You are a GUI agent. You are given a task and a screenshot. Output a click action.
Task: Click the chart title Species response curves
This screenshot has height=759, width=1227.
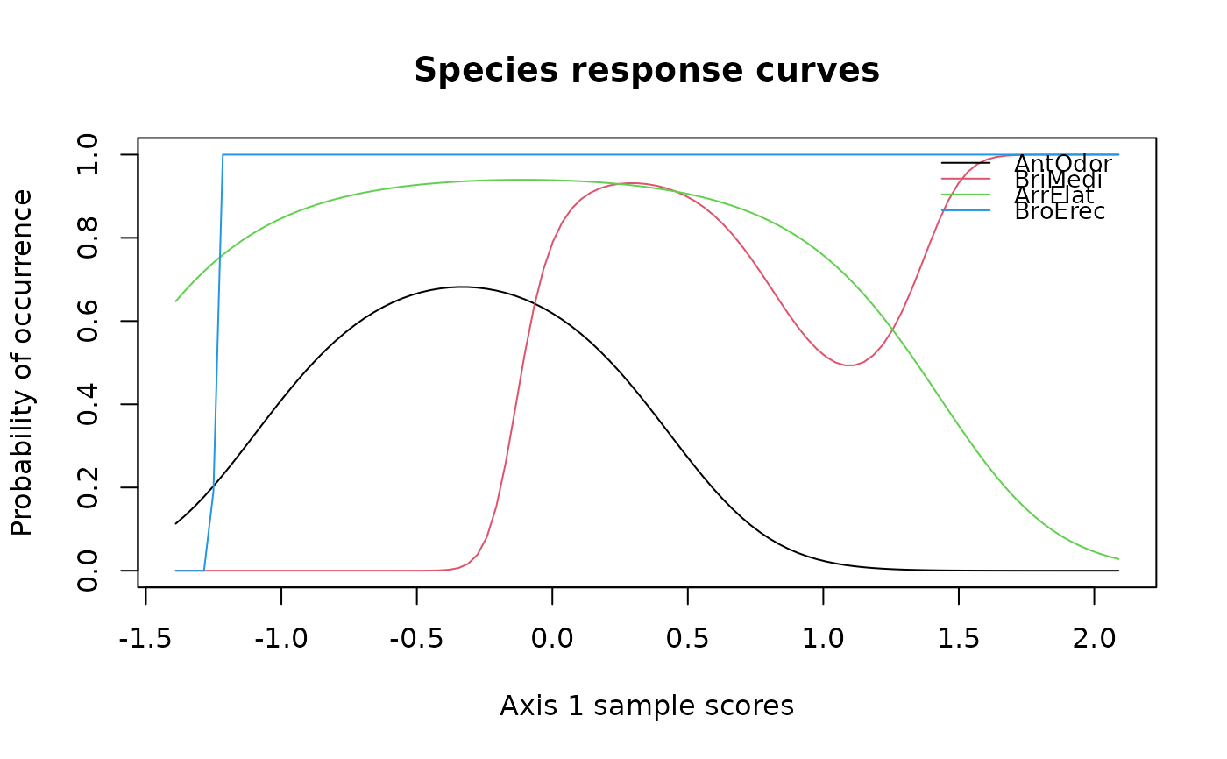647,70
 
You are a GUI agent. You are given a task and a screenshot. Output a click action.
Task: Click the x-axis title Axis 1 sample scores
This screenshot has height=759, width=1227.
647,705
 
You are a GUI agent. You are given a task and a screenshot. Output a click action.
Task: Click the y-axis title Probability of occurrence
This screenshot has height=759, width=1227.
22,362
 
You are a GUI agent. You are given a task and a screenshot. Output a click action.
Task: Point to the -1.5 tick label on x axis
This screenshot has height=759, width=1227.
145,636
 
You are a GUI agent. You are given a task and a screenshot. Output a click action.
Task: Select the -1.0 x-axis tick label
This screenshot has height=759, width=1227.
280,636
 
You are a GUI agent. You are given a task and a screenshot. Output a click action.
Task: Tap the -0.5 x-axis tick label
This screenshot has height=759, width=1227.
416,636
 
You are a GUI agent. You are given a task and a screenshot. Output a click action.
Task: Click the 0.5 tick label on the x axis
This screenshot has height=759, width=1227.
688,636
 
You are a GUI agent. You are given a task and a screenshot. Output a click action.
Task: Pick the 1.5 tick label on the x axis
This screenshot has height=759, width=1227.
959,636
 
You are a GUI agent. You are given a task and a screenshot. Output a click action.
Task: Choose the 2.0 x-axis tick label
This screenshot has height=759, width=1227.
1094,636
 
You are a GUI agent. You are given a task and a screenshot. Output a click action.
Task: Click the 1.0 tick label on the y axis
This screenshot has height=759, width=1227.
88,155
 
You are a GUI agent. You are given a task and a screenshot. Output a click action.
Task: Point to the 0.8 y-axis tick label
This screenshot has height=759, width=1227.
88,238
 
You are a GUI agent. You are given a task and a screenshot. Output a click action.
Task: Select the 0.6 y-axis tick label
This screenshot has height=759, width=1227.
88,322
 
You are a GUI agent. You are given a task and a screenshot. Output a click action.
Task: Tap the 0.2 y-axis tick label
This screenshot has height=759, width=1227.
88,487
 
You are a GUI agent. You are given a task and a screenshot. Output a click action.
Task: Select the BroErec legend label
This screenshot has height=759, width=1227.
1060,211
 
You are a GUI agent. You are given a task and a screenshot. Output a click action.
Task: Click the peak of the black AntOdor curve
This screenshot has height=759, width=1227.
462,287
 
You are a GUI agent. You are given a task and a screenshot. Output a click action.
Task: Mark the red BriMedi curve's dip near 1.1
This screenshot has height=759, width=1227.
848,365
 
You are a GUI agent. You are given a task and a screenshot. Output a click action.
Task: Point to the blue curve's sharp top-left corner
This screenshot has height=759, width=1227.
223,155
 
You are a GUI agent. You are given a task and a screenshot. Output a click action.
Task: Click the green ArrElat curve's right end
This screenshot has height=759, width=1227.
1118,559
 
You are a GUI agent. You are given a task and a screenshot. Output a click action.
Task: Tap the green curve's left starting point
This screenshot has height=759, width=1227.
176,301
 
